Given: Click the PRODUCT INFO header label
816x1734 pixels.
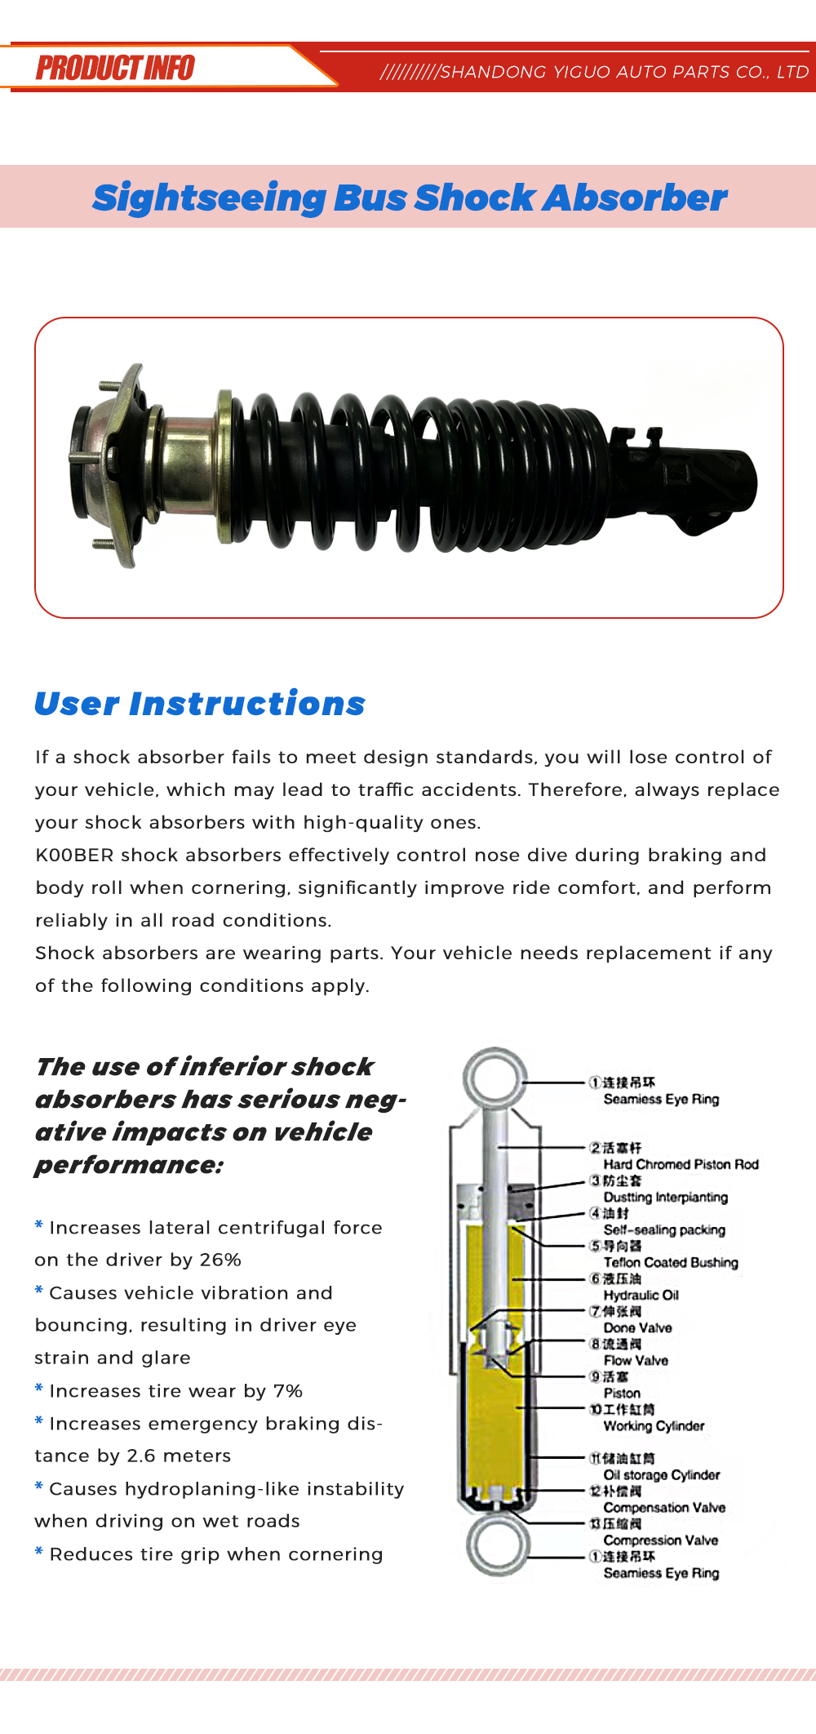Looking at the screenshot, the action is click(115, 68).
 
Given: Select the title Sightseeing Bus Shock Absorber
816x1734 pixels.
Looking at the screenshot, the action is click(410, 198).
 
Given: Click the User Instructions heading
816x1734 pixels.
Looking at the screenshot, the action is click(200, 704).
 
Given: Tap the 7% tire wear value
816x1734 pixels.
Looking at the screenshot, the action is click(288, 1390).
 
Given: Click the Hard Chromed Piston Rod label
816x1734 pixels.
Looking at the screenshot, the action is click(681, 1164).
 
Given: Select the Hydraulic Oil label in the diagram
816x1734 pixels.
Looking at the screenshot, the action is click(641, 1295).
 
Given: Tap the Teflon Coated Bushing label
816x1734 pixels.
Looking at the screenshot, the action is click(671, 1262).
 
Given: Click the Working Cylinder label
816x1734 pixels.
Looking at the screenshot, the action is click(654, 1426).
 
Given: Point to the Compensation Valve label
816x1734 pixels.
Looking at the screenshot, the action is click(664, 1508).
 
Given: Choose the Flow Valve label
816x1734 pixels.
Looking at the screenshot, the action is click(636, 1360).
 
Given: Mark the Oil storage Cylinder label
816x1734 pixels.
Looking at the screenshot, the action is click(661, 1475).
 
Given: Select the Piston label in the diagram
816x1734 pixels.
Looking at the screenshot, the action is click(622, 1394).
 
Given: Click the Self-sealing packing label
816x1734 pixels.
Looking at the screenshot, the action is click(664, 1229).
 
